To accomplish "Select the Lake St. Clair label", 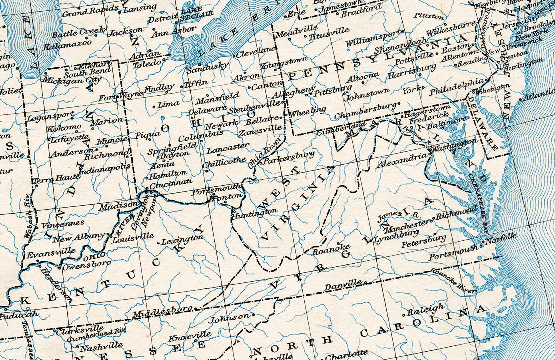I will pyautogui.click(x=190, y=15).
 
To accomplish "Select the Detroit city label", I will pyautogui.click(x=163, y=18).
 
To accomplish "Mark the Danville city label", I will pyautogui.click(x=343, y=286).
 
